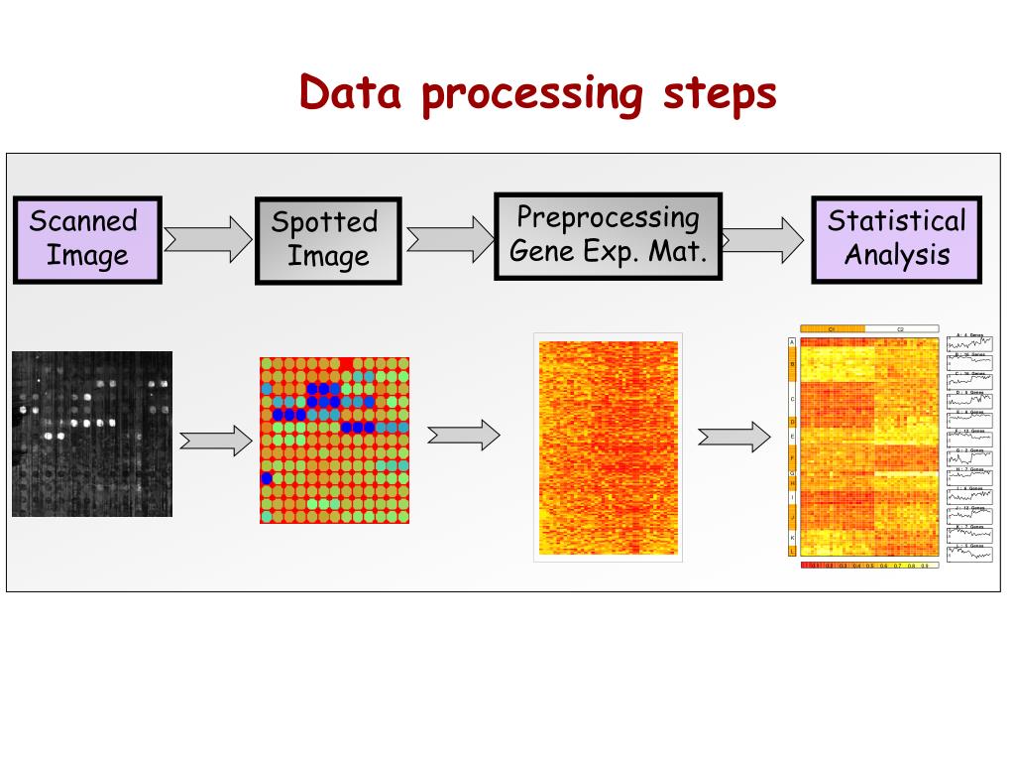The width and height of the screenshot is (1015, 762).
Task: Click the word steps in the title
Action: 720,93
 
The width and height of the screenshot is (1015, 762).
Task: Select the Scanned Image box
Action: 86,239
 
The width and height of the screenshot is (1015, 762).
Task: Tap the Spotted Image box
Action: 328,240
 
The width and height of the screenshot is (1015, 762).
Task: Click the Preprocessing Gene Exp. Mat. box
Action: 608,235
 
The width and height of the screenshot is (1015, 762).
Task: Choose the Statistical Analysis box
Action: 896,239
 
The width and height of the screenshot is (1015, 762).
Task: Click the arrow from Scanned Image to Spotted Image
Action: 207,240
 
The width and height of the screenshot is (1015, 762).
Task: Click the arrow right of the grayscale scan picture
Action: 214,438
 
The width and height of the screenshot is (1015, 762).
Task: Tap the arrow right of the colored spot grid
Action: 462,435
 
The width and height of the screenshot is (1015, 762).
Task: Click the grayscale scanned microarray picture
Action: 92,434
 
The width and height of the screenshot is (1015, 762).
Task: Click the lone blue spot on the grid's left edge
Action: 267,478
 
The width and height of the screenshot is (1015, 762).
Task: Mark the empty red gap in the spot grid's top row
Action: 346,364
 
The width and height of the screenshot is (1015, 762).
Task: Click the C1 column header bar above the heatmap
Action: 832,328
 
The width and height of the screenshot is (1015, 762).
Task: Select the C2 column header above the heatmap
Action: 901,328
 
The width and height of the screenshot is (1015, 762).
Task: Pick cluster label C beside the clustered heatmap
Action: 792,399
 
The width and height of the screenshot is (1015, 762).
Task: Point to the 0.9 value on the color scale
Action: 924,566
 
